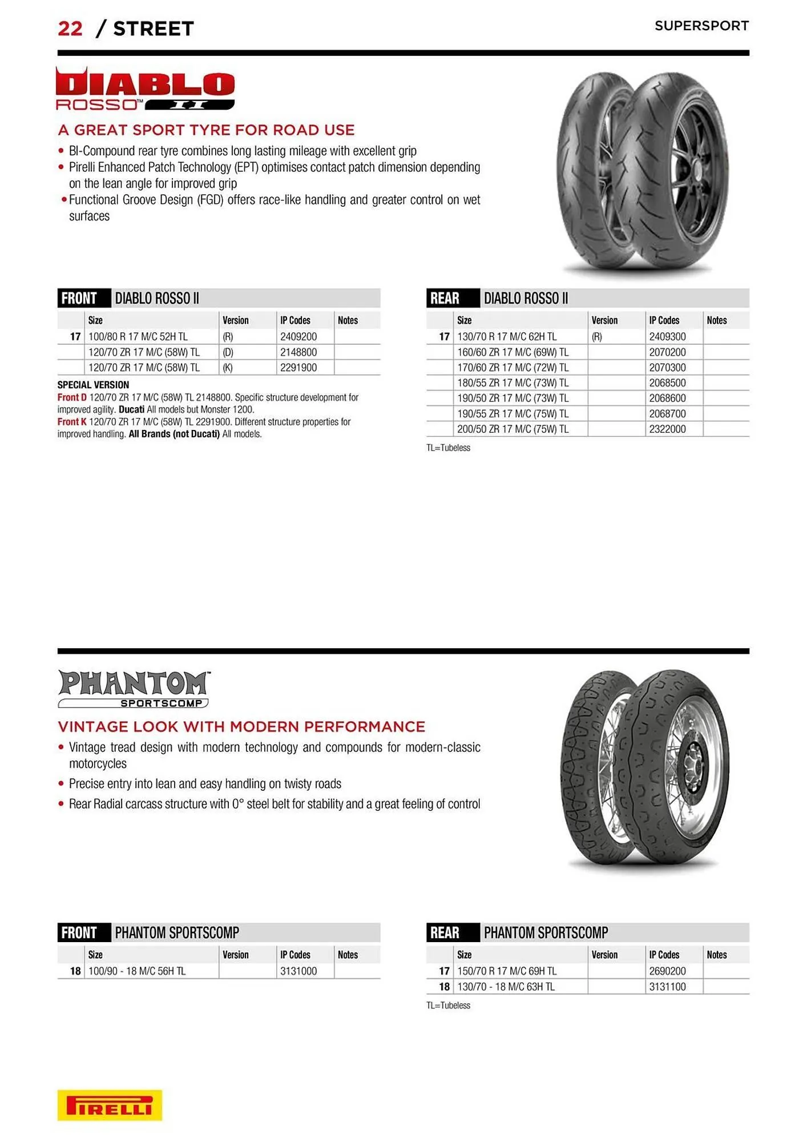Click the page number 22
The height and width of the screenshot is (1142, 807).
pos(70,29)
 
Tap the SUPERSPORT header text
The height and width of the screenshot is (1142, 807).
pos(701,26)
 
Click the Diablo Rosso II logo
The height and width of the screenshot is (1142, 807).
pos(145,89)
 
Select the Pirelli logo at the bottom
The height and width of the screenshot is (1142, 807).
pos(110,1105)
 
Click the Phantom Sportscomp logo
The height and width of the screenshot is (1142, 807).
pos(134,689)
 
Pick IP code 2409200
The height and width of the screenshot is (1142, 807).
pos(298,337)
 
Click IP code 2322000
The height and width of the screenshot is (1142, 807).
pos(667,429)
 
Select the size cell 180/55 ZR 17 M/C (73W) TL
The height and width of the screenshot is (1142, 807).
pos(513,383)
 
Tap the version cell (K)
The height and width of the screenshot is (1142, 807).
pos(228,368)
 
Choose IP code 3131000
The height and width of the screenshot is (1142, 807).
pos(298,971)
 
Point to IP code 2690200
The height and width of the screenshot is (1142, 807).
pos(667,971)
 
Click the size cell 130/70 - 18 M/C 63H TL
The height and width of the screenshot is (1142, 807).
pos(506,986)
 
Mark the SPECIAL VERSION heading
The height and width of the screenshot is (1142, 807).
pos(93,385)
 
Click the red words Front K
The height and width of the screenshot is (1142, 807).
pos(72,422)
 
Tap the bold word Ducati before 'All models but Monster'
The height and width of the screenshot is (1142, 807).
pos(131,409)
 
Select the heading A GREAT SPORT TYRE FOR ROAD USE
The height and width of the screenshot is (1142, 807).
pos(206,130)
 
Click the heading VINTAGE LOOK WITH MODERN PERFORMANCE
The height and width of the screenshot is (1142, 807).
pos(241,726)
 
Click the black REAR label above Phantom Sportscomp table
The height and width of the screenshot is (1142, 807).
pos(445,932)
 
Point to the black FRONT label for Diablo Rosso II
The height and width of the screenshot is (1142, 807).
pos(79,298)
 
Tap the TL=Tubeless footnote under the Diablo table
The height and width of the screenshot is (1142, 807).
pos(448,448)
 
